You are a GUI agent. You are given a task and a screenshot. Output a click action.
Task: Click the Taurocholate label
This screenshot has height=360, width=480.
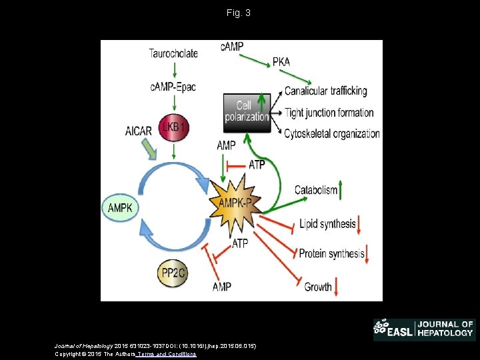pos(173,53)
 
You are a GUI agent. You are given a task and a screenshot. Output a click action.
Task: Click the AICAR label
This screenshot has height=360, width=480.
pos(139,131)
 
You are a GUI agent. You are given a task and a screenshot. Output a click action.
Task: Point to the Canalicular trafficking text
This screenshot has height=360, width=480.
pos(325,91)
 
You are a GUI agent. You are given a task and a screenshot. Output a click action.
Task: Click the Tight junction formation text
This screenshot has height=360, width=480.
pos(329,113)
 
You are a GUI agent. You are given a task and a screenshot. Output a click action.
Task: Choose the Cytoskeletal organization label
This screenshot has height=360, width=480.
pos(331,134)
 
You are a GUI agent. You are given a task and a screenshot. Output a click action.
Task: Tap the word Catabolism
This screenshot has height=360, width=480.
pos(316,190)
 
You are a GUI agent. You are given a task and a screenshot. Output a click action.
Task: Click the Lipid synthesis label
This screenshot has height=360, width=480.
pos(327,223)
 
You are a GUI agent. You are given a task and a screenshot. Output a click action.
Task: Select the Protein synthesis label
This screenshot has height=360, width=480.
pos(331,253)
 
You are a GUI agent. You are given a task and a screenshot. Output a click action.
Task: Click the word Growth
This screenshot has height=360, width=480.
pos(318,287)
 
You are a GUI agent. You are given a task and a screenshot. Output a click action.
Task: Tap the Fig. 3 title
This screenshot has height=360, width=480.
pos(239,13)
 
